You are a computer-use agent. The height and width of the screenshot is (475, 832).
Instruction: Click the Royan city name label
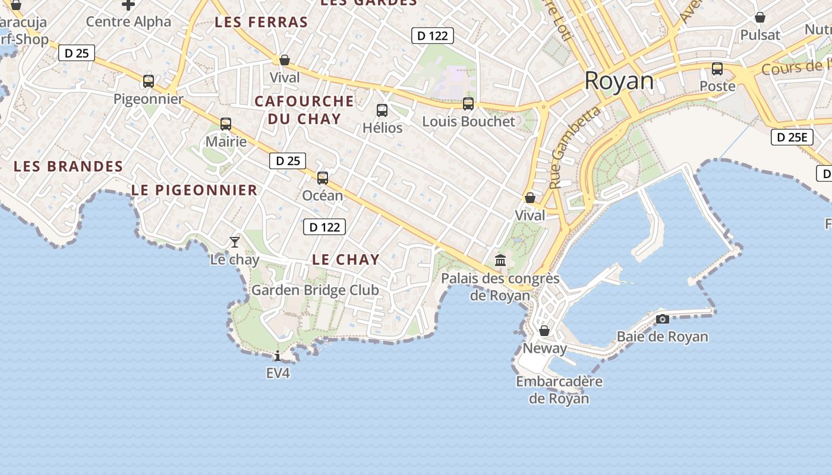tap(619, 81)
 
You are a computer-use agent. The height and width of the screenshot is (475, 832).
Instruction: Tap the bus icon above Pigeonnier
tap(149, 81)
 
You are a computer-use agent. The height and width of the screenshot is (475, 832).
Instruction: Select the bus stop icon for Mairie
tap(226, 124)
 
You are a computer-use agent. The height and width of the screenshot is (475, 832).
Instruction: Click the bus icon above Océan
tap(323, 178)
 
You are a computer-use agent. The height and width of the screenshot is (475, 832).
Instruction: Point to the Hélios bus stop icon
tap(382, 110)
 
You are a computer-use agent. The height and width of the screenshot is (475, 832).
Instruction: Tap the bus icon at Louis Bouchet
tap(468, 104)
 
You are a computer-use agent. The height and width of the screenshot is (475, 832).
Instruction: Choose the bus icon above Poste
tap(717, 69)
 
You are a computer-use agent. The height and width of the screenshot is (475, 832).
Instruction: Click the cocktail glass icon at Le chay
tap(235, 242)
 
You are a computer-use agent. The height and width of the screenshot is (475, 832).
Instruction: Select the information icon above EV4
tap(278, 356)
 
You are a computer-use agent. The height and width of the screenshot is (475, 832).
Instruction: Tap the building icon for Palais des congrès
tap(500, 260)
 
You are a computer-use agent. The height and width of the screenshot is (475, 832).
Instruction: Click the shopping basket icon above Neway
tap(544, 331)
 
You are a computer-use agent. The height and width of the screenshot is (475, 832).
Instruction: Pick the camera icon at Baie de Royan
tap(663, 319)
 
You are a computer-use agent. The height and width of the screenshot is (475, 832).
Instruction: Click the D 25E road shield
tap(792, 138)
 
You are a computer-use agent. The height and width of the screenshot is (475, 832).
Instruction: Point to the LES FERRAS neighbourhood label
tap(261, 23)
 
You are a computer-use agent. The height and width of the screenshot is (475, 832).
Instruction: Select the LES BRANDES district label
tap(68, 166)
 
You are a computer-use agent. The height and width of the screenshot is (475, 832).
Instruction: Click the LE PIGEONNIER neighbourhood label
tap(194, 190)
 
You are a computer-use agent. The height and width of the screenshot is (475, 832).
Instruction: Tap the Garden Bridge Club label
tap(315, 290)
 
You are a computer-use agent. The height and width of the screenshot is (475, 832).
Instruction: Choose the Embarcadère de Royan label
tap(559, 389)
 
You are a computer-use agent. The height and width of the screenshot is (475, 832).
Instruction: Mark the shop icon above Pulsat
tap(759, 17)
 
